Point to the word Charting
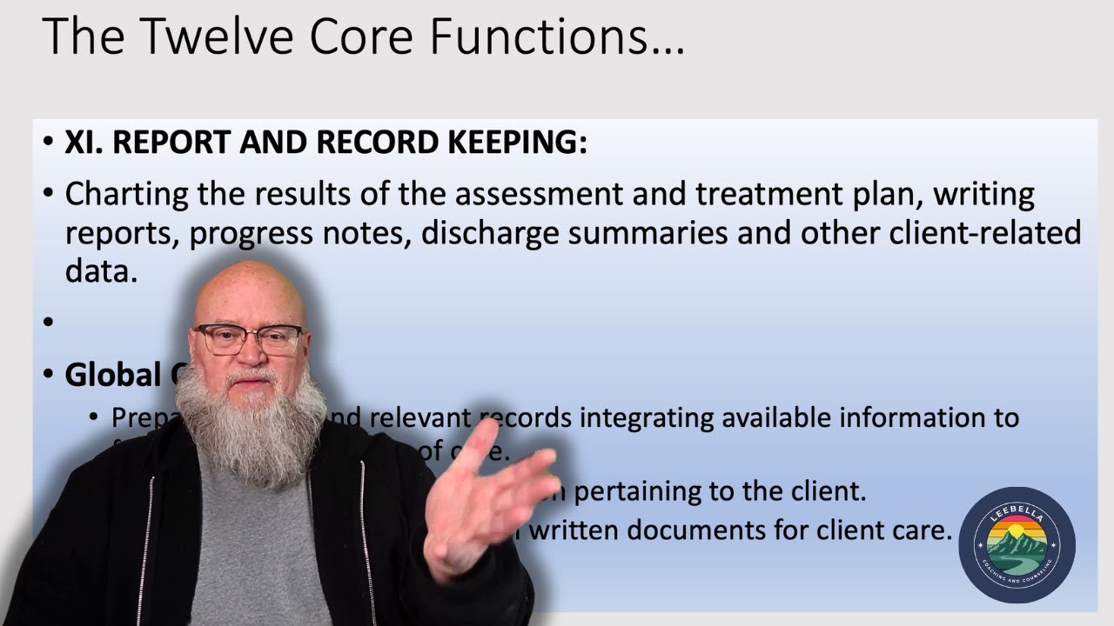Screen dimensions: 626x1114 [x=127, y=194]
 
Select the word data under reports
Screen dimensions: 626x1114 [x=101, y=271]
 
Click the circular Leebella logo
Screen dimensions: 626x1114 [x=1017, y=545]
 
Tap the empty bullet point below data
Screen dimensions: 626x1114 [x=49, y=323]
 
